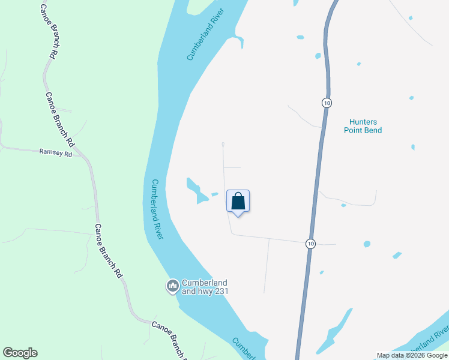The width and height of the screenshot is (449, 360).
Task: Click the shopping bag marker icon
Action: coord(238,201)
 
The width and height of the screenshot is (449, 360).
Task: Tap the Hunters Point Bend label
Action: coord(363,125)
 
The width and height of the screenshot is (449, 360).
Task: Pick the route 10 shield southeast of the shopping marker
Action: coord(310,243)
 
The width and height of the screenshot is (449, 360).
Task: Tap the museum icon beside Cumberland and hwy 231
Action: coord(173,285)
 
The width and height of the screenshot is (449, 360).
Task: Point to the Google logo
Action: coord(20,353)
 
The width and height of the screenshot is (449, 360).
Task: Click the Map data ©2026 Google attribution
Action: coord(412,355)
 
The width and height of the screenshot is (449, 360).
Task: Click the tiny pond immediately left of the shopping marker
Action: coord(214,194)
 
